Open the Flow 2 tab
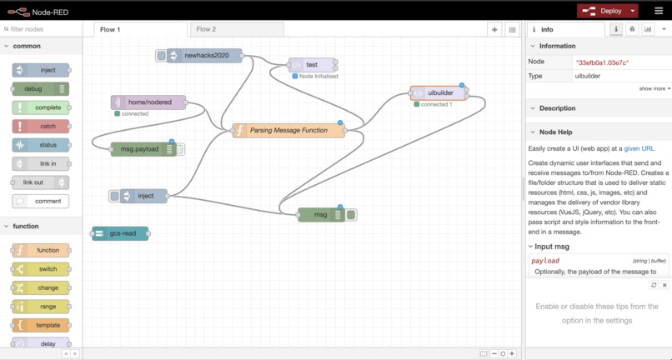point(206,29)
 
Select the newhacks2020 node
point(205,56)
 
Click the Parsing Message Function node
point(289,131)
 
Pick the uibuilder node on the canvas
point(439,93)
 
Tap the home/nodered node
point(150,102)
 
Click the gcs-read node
point(122,233)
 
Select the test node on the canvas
point(312,65)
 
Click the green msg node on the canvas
point(320,215)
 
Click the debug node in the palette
point(40,88)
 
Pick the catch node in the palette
point(41,127)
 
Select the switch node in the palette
point(41,269)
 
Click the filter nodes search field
point(43,29)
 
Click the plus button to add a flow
point(494,29)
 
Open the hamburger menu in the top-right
point(659,11)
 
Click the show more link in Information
point(654,88)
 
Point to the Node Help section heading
point(555,132)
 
